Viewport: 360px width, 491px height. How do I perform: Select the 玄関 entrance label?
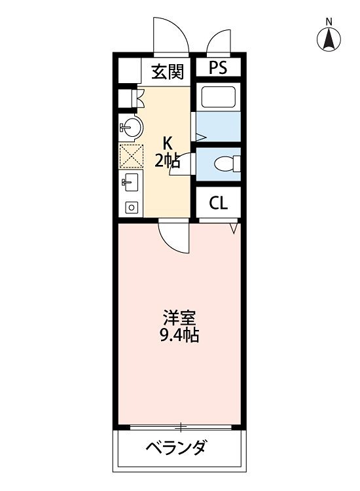pyautogui.click(x=168, y=71)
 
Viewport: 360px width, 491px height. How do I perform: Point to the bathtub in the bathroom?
pyautogui.click(x=219, y=96)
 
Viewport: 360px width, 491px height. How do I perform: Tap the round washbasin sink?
pyautogui.click(x=131, y=127)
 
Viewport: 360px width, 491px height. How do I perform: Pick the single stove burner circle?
pyautogui.click(x=130, y=208)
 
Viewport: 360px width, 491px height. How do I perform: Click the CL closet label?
pyautogui.click(x=218, y=203)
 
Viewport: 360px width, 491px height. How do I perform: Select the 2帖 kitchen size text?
pyautogui.click(x=168, y=161)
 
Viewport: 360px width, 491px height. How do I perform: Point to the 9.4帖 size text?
pyautogui.click(x=179, y=337)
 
